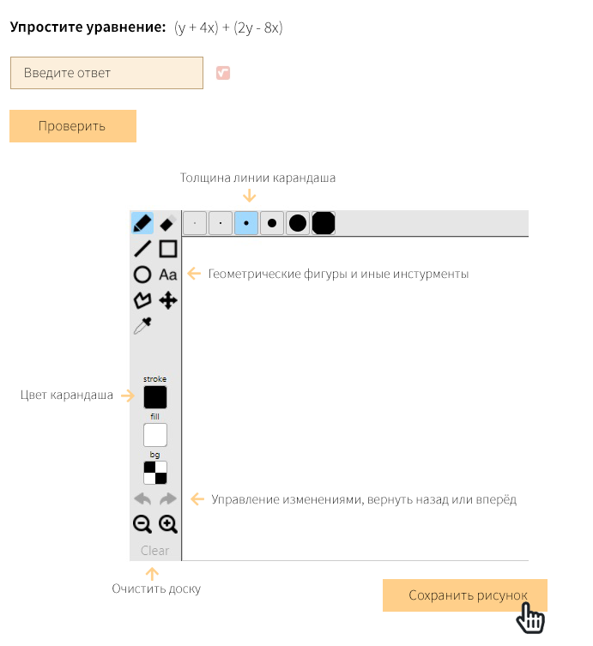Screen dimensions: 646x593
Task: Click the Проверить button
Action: [x=72, y=126]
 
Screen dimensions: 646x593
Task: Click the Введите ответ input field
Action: [x=106, y=73]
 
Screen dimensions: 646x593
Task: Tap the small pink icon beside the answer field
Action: [x=223, y=73]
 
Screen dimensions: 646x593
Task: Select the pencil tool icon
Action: [x=142, y=223]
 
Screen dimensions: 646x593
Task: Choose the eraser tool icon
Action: [x=168, y=223]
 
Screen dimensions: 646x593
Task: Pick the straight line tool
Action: [x=142, y=249]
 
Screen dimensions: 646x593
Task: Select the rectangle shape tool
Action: [x=168, y=249]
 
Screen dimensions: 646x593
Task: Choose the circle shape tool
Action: [x=142, y=275]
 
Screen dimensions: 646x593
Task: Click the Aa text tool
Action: [x=168, y=275]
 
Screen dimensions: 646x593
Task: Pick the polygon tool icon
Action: [x=142, y=300]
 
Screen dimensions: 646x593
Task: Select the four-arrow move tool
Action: [x=168, y=300]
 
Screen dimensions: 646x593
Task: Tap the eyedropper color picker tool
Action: [x=142, y=326]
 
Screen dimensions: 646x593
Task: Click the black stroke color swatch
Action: [x=155, y=397]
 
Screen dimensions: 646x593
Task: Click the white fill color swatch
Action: [x=155, y=435]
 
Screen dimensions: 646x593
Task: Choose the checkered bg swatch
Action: [x=155, y=473]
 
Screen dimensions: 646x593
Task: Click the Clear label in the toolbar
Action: [x=155, y=551]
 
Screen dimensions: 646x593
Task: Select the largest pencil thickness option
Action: [x=323, y=223]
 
